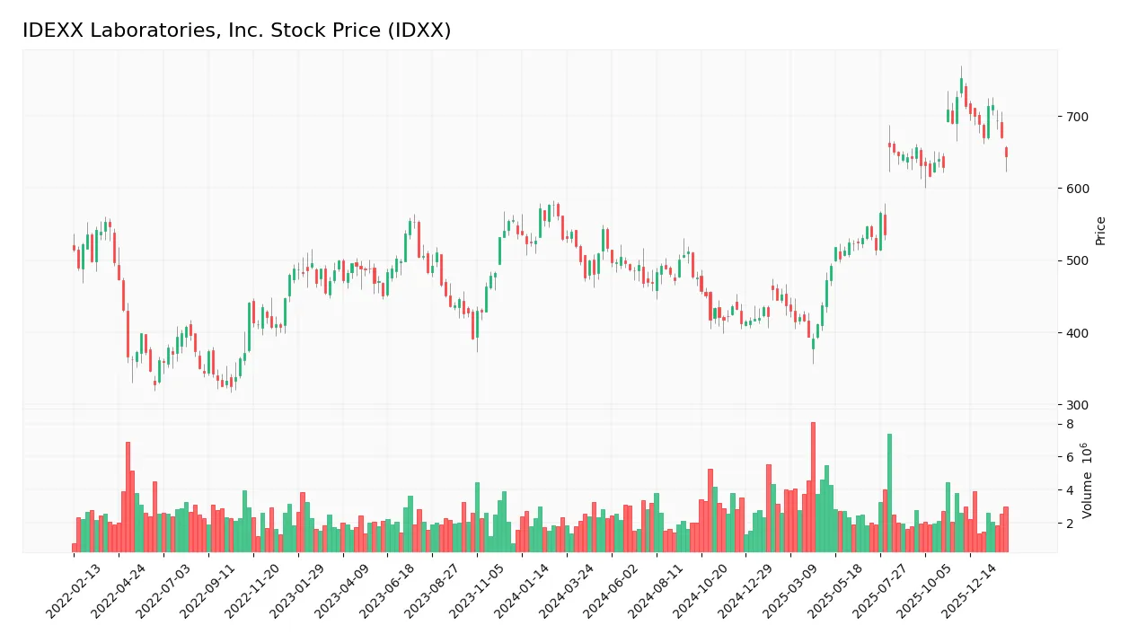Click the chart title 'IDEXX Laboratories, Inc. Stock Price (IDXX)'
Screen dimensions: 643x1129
click(x=236, y=31)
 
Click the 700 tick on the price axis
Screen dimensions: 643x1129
click(x=1077, y=117)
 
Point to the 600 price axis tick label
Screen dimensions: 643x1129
click(x=1077, y=189)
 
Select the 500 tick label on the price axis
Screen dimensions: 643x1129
click(x=1077, y=261)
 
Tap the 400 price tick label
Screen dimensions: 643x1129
click(x=1077, y=333)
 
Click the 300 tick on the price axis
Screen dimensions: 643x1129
click(x=1077, y=405)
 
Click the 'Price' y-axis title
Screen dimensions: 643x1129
click(x=1100, y=231)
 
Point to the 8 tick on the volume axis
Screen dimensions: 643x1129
click(x=1070, y=424)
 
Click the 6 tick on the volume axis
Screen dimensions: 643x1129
click(x=1070, y=457)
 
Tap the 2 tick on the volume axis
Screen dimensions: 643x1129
click(x=1070, y=523)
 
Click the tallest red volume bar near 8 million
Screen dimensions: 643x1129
click(x=813, y=487)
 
